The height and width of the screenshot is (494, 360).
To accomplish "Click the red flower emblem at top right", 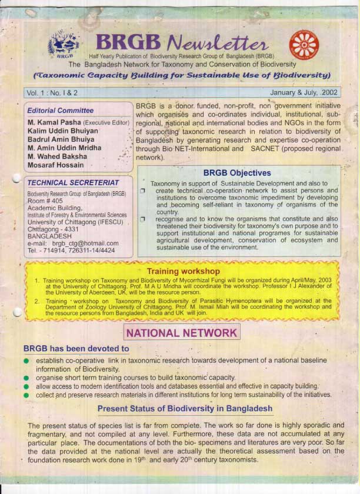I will pyautogui.click(x=304, y=44).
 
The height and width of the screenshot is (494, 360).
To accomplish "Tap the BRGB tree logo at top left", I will pyautogui.click(x=65, y=44).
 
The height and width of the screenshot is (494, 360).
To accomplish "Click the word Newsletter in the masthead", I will pyautogui.click(x=218, y=42).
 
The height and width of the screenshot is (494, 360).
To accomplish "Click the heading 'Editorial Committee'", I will pyautogui.click(x=60, y=111).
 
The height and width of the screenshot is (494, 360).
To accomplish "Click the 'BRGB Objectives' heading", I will pyautogui.click(x=237, y=173).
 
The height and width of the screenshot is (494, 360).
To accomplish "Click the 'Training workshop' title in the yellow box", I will pyautogui.click(x=183, y=272).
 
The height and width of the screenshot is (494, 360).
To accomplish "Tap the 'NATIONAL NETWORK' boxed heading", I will pyautogui.click(x=182, y=333).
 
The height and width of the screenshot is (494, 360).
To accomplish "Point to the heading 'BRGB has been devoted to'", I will pyautogui.click(x=76, y=349).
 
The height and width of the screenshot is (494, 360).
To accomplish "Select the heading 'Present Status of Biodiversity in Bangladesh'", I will pyautogui.click(x=185, y=408).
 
